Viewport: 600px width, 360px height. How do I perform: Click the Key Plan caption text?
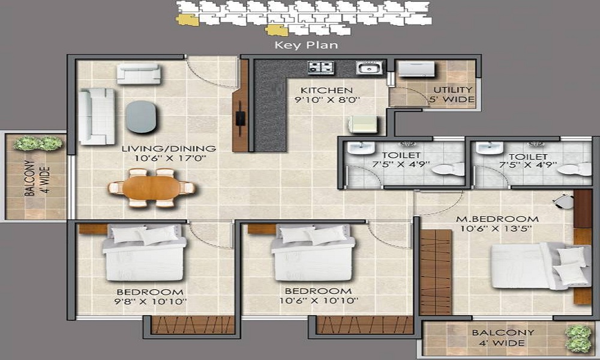pyautogui.click(x=306, y=45)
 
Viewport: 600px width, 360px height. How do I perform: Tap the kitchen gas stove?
pyautogui.click(x=320, y=67)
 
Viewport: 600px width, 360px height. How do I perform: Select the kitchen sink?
pyautogui.click(x=369, y=68)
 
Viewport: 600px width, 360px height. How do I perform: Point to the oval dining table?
pyautogui.click(x=152, y=188)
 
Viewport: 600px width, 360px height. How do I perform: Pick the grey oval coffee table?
pyautogui.click(x=141, y=116)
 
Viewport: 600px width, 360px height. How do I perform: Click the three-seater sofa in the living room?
pyautogui.click(x=97, y=116)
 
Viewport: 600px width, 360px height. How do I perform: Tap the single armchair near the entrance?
pyautogui.click(x=139, y=73)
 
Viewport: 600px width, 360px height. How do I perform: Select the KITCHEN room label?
pyautogui.click(x=326, y=90)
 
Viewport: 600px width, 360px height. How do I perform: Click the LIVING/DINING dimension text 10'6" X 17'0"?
pyautogui.click(x=170, y=158)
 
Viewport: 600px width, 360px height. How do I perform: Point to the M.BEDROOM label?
pyautogui.click(x=497, y=219)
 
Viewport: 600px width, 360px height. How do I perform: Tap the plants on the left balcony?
pyautogui.click(x=37, y=143)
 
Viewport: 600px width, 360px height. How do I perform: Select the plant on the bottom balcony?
pyautogui.click(x=578, y=338)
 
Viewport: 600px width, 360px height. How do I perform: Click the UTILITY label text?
pyautogui.click(x=452, y=90)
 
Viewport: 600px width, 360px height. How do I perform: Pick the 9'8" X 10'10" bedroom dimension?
pyautogui.click(x=151, y=301)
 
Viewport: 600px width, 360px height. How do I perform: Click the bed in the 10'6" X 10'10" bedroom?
pyautogui.click(x=313, y=253)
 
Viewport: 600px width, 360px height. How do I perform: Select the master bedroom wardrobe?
pyautogui.click(x=436, y=272)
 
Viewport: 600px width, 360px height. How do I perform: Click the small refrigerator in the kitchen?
pyautogui.click(x=363, y=124)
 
